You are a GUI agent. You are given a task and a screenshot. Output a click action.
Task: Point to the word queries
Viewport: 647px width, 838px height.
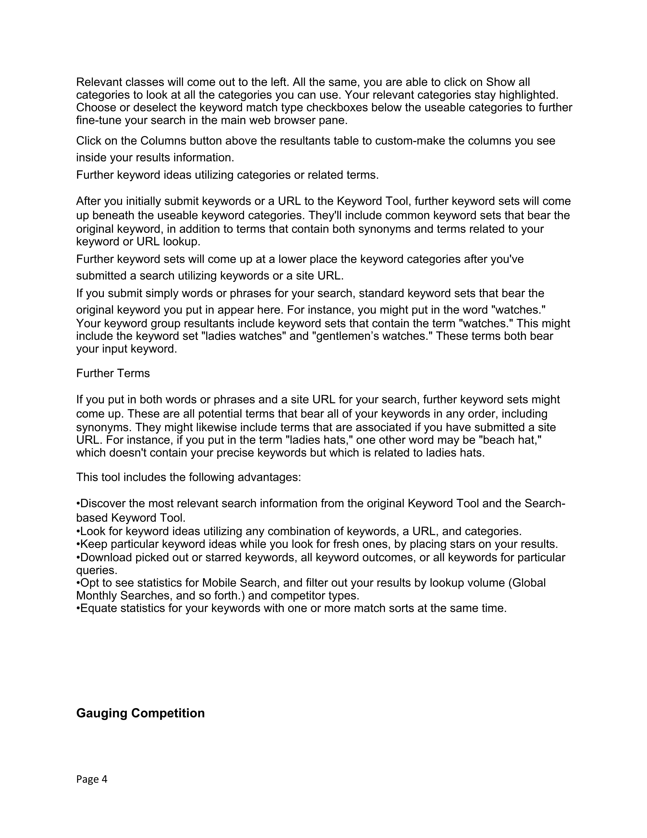pyautogui.click(x=96, y=570)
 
